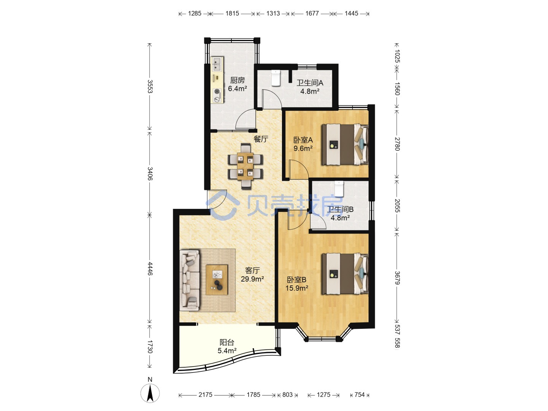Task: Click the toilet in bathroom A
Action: [276, 78]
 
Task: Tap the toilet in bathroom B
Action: [339, 189]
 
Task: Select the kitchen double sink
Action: [43, 64]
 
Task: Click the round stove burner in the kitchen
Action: [43, 91]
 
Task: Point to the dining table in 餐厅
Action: [245, 166]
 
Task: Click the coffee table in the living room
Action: [217, 280]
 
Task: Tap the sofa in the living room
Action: [190, 280]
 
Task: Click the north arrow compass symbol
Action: [150, 392]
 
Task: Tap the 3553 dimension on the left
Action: [150, 86]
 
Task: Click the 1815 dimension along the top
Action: [232, 13]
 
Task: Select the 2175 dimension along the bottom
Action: [205, 395]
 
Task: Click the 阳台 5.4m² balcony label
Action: [227, 346]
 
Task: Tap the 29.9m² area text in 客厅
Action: [252, 279]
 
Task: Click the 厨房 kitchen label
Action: [237, 80]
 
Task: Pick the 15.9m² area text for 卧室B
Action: [297, 288]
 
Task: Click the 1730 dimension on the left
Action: [150, 347]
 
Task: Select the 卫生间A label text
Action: [310, 83]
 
